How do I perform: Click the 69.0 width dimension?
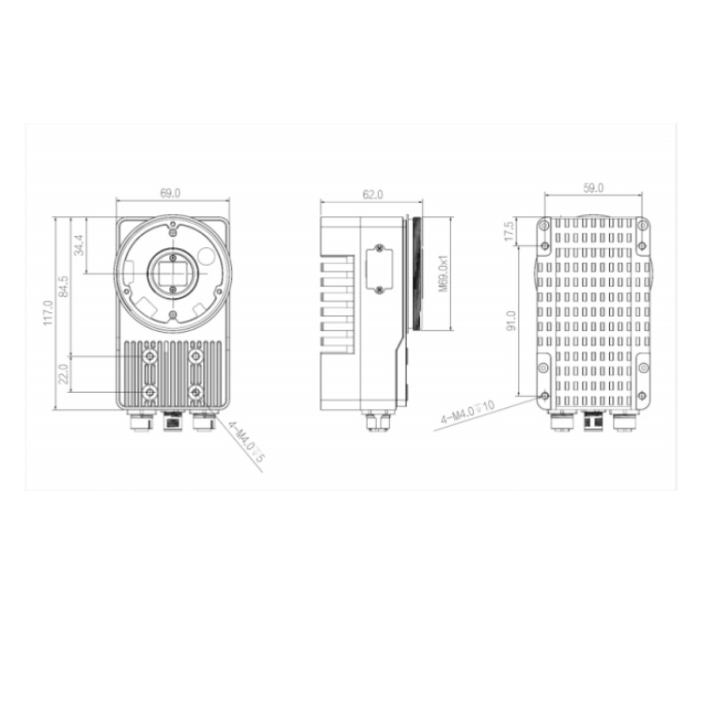[170, 194]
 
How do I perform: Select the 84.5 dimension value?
[64, 287]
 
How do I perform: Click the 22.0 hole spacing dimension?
[63, 374]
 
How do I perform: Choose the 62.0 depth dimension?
[373, 195]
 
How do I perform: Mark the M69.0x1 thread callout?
[444, 274]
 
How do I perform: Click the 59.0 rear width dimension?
[593, 188]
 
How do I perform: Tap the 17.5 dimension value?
[509, 231]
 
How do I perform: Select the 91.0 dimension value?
[511, 321]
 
